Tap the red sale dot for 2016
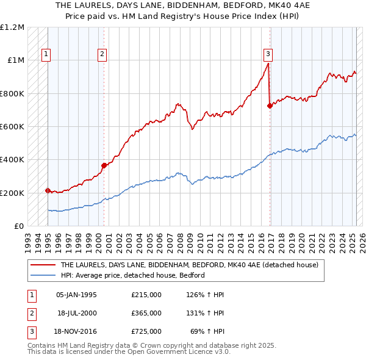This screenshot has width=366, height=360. pyautogui.click(x=270, y=106)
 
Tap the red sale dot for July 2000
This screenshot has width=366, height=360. pyautogui.click(x=104, y=165)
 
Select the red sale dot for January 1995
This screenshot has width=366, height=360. pyautogui.click(x=48, y=190)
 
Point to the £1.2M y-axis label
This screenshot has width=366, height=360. pyautogui.click(x=12, y=27)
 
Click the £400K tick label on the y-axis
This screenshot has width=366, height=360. pyautogui.click(x=12, y=160)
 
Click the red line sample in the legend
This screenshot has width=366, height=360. pyautogui.click(x=43, y=265)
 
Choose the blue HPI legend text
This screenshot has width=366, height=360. pyautogui.click(x=132, y=275)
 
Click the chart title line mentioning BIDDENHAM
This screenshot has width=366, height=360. pyautogui.click(x=183, y=5)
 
